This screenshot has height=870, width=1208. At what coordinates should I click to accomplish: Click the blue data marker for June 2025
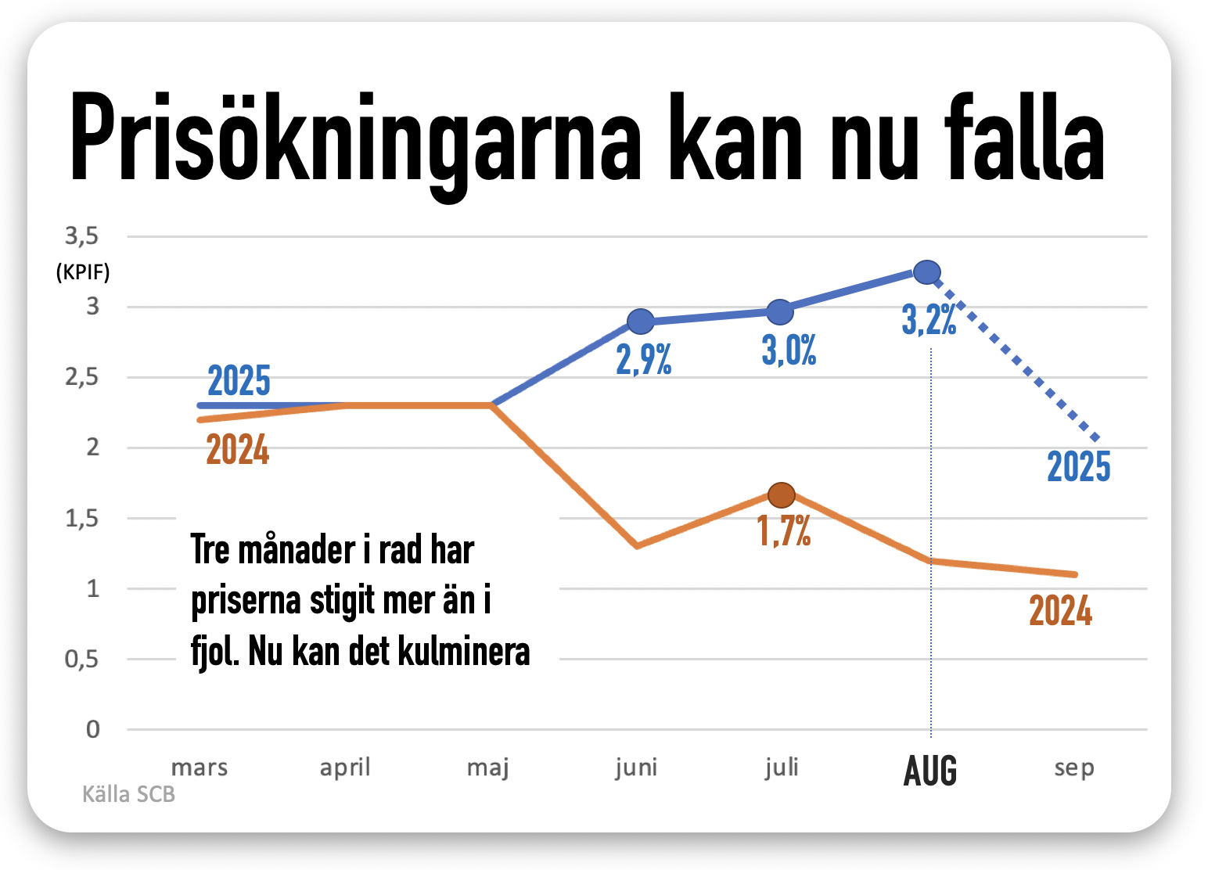(x=641, y=321)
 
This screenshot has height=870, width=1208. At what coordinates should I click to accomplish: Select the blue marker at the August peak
(x=927, y=272)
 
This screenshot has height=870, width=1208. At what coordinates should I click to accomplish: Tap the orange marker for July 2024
(x=782, y=494)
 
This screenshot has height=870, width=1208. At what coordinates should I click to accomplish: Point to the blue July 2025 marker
(x=780, y=311)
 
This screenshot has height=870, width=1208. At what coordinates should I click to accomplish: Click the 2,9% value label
(x=644, y=360)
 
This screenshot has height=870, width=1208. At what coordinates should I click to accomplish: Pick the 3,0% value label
(x=789, y=351)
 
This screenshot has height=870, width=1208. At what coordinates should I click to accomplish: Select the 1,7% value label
(x=784, y=530)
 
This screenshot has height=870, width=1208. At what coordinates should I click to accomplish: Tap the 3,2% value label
(x=929, y=320)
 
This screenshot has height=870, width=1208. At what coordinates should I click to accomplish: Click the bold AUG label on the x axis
(x=930, y=771)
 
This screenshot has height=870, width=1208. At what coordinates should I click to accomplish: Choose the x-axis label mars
(x=200, y=768)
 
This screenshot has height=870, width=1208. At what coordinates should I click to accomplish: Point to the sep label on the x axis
(x=1074, y=768)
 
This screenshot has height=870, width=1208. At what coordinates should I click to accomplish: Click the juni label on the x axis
(x=636, y=768)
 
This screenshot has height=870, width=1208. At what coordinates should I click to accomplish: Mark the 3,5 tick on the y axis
(x=82, y=235)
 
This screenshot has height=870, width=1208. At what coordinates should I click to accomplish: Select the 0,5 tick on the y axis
(x=82, y=659)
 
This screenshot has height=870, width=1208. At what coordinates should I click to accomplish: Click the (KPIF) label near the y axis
(x=83, y=272)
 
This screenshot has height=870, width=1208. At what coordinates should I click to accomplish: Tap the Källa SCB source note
(x=128, y=794)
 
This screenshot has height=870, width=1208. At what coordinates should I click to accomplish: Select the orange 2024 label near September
(x=1060, y=611)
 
